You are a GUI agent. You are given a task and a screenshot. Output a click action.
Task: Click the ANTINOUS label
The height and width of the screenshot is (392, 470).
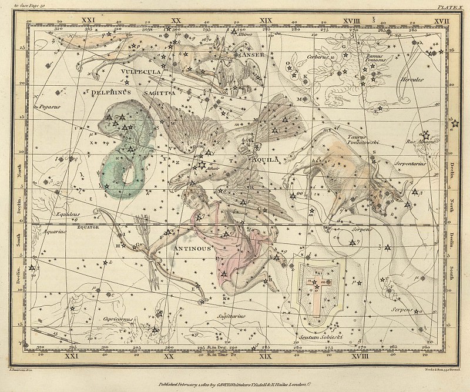click(x=193, y=247)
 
